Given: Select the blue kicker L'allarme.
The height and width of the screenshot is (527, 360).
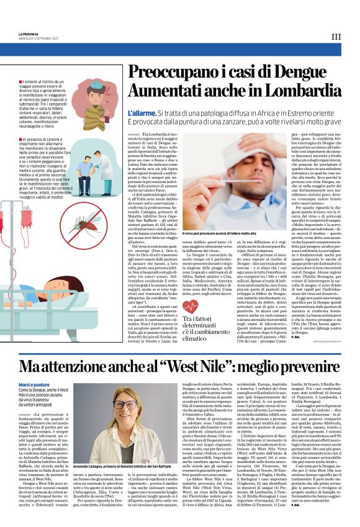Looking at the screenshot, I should pos(140,114).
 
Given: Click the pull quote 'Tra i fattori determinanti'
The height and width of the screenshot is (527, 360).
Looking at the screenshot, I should pos(199,322).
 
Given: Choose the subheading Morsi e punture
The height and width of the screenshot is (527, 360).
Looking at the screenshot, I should pos(34,385).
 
